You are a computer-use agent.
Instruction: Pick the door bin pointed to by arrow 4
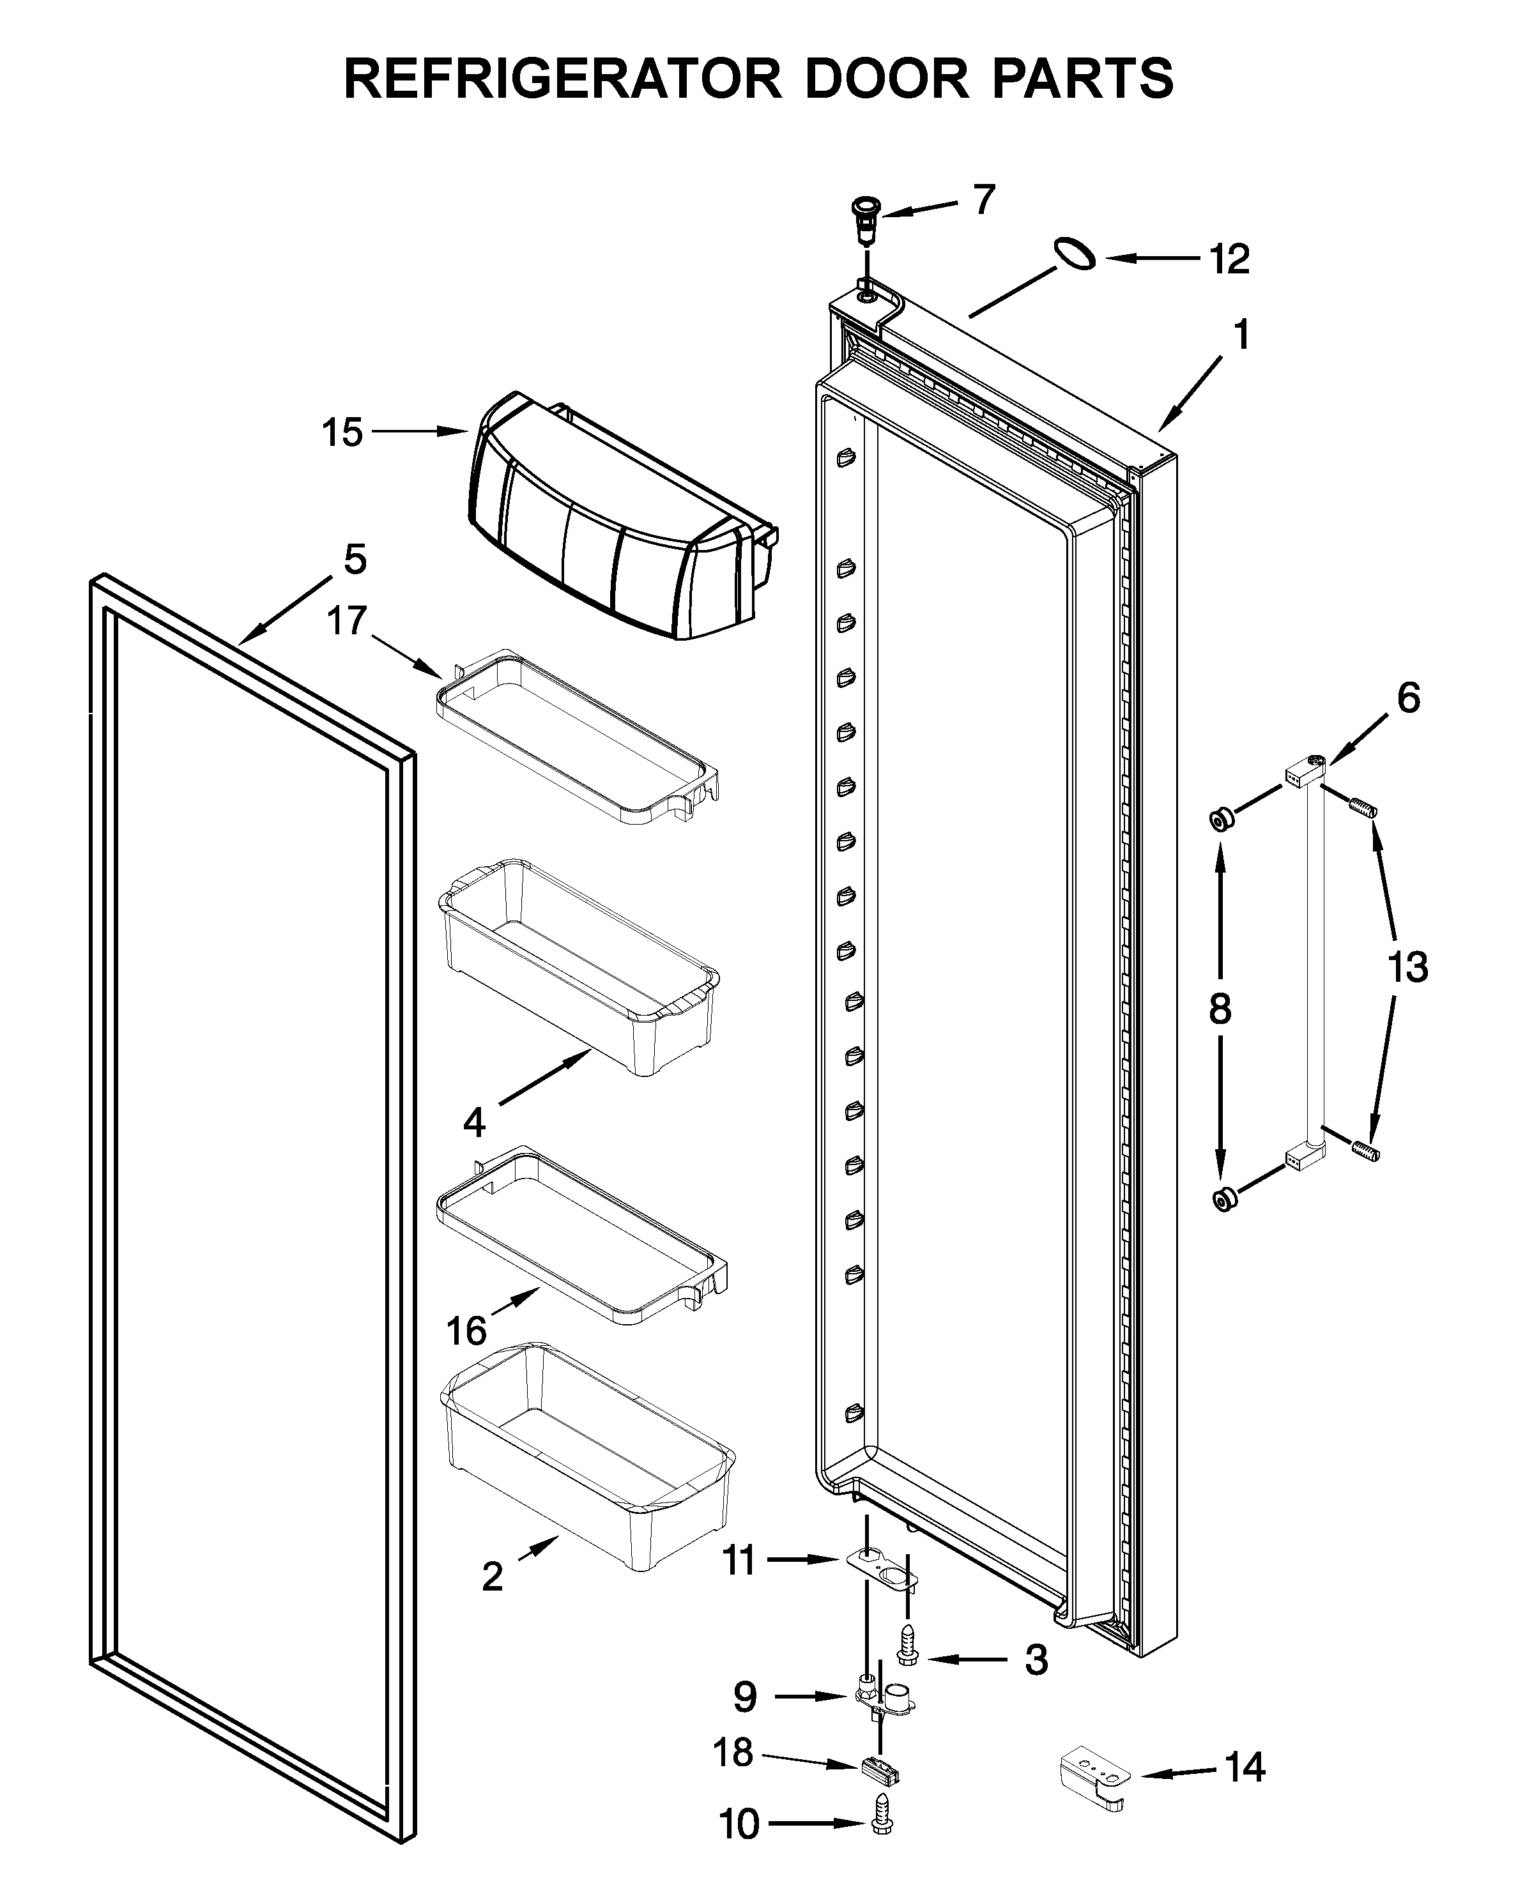[578, 965]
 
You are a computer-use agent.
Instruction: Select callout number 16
[466, 1331]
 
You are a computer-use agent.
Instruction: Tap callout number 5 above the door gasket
[355, 559]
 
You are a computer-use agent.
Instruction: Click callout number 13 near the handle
[1407, 966]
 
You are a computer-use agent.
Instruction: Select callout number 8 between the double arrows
[1220, 1008]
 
